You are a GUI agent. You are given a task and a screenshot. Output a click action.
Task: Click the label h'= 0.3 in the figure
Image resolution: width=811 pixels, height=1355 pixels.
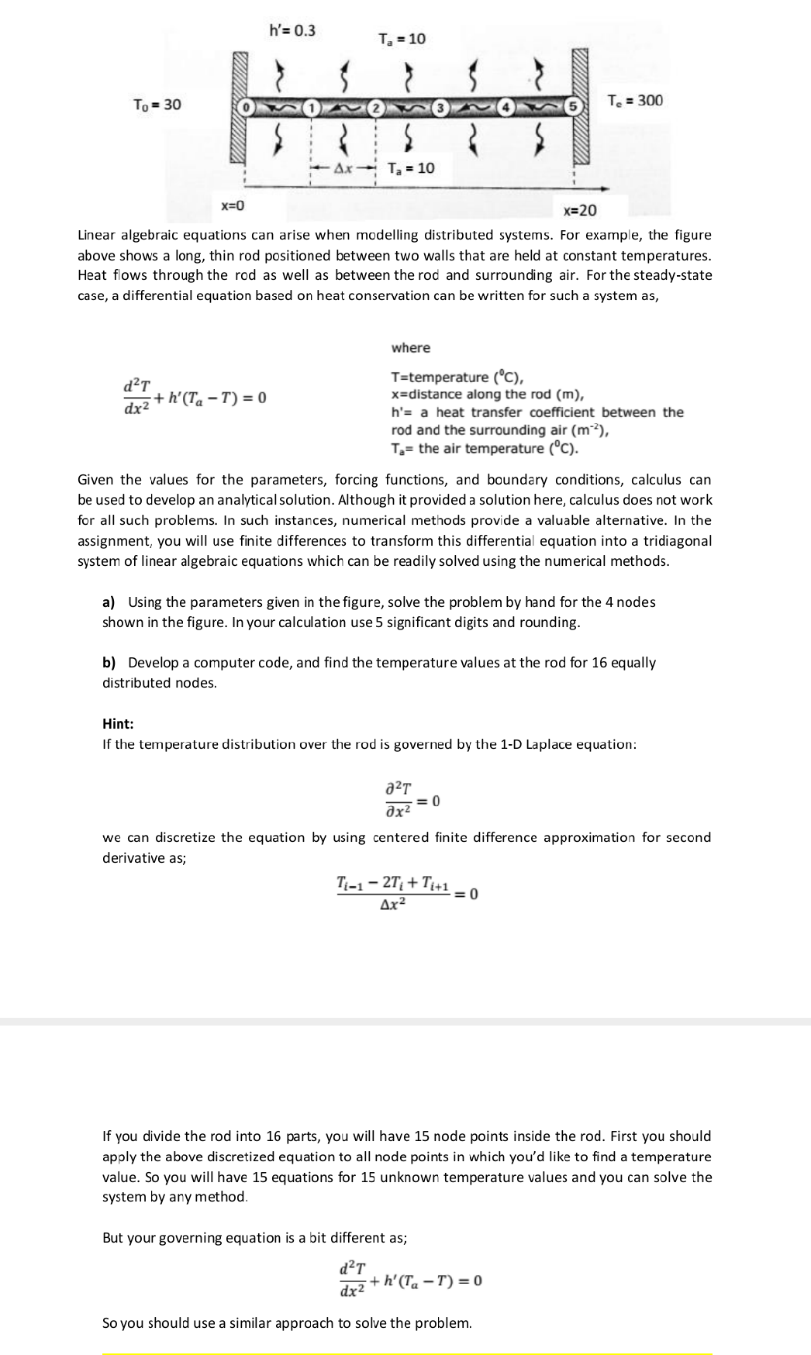click(x=292, y=31)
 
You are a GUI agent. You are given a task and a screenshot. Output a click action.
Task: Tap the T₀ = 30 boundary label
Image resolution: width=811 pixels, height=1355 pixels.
click(x=157, y=104)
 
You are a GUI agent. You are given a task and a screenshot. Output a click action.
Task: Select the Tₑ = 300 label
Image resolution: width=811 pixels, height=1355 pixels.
click(x=635, y=100)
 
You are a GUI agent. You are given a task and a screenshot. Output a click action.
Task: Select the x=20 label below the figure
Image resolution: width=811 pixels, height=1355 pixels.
click(x=580, y=211)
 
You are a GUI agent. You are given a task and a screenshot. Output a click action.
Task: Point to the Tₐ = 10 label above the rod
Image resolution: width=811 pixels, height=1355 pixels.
click(x=402, y=39)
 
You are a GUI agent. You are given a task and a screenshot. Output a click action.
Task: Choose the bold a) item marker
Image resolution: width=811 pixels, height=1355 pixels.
click(x=109, y=602)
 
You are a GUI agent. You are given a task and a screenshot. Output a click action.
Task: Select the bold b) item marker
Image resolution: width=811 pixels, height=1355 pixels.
click(x=109, y=663)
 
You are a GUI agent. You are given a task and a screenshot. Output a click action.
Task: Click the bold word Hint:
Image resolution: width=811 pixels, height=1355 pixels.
click(x=118, y=723)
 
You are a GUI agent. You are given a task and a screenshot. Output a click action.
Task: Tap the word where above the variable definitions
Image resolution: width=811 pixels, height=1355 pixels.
click(x=411, y=347)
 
